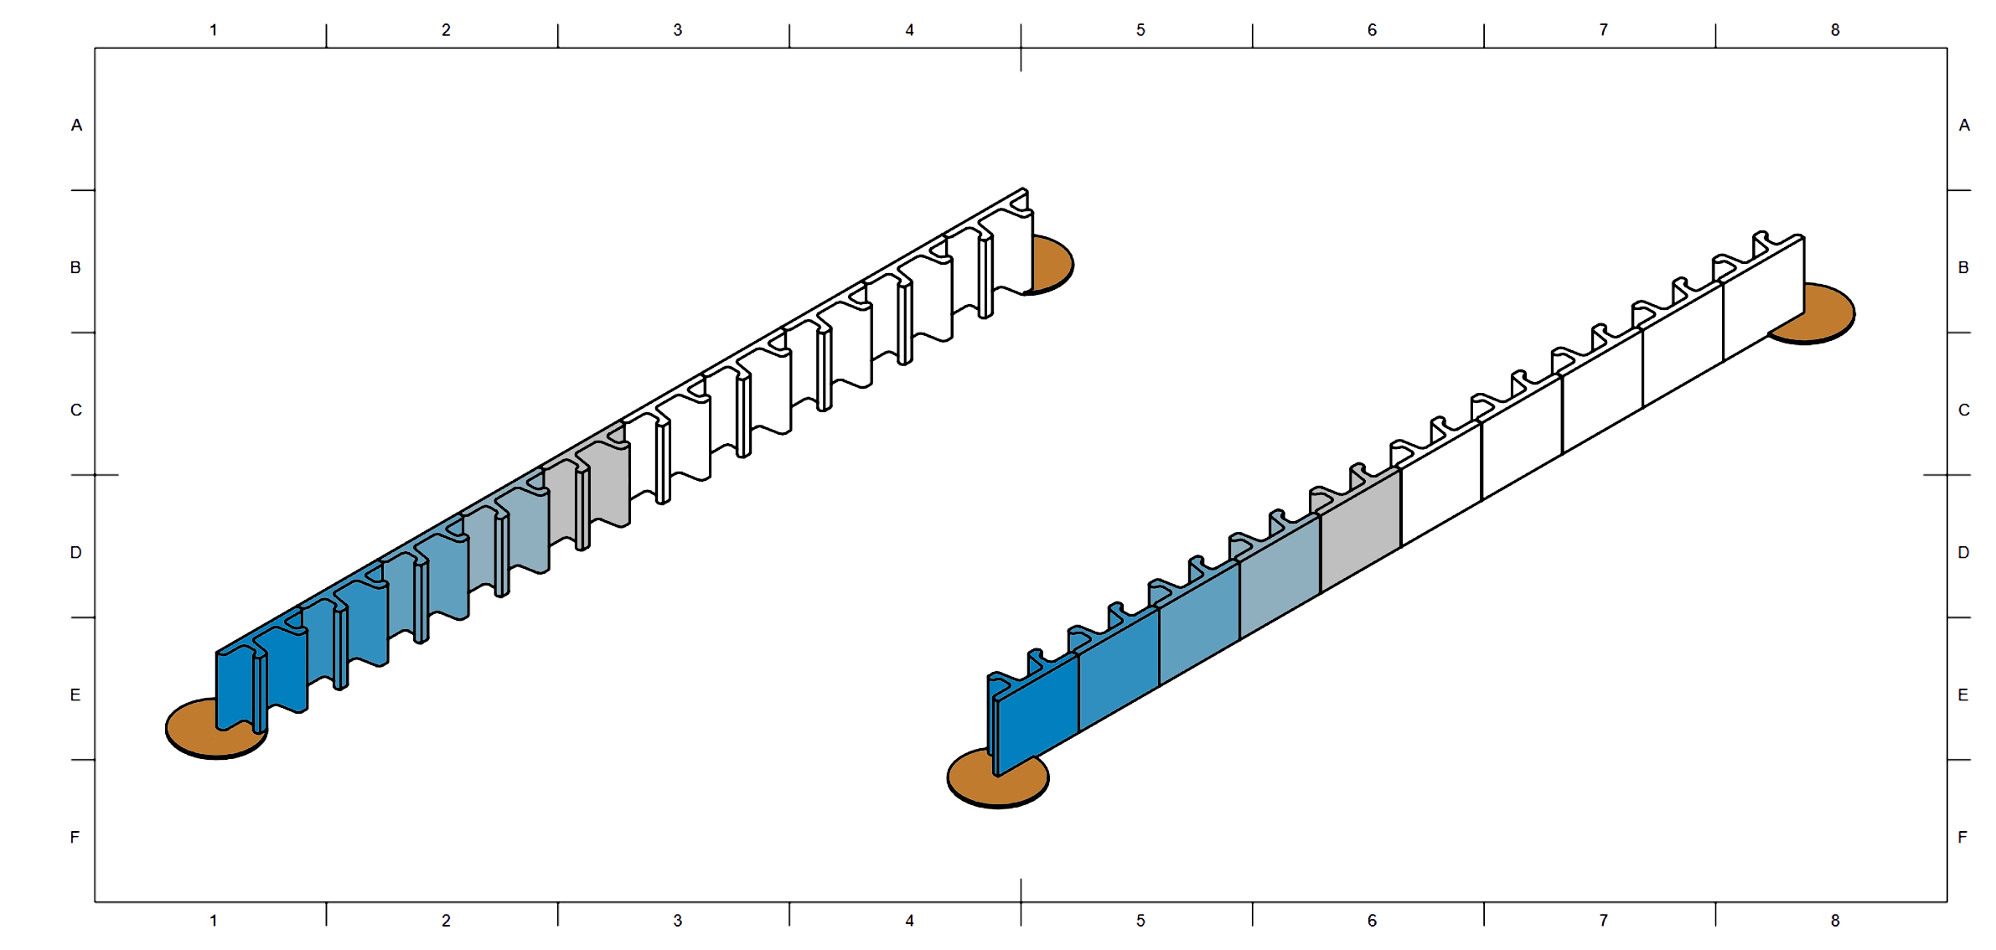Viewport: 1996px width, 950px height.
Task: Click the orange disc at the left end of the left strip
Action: (x=191, y=731)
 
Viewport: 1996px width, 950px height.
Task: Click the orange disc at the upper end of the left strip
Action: (x=1052, y=265)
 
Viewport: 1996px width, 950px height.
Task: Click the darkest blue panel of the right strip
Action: (x=1037, y=712)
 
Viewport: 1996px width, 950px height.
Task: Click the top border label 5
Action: (x=1140, y=30)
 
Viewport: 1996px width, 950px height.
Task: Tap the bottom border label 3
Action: (x=677, y=921)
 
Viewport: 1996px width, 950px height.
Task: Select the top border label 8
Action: (x=1834, y=30)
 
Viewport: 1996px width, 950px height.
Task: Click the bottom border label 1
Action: (x=213, y=921)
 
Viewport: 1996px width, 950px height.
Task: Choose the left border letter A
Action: (x=76, y=125)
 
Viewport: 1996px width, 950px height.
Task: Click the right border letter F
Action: (x=1962, y=837)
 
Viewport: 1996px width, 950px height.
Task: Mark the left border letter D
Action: (x=76, y=552)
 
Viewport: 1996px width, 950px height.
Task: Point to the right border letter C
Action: (x=1963, y=410)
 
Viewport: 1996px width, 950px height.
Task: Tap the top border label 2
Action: (x=446, y=30)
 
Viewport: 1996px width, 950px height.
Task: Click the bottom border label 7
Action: (x=1603, y=921)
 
